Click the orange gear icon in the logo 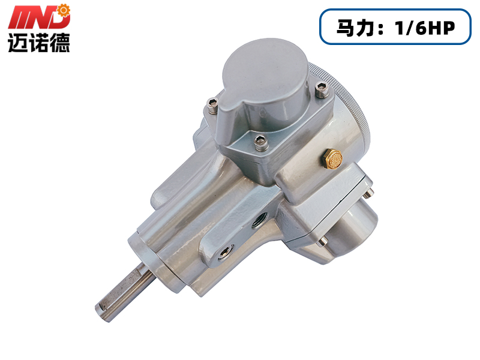pos(64,10)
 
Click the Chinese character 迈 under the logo pos(17,43)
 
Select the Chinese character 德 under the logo pos(60,43)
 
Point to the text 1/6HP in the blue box pos(425,28)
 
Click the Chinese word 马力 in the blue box pos(355,28)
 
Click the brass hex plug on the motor pos(332,159)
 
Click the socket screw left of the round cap pos(212,106)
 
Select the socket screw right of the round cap pos(322,89)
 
